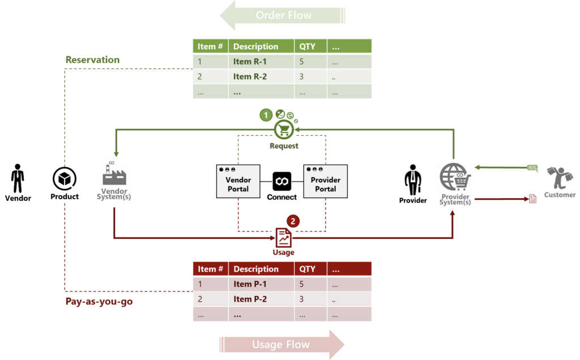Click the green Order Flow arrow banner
tap(283, 15)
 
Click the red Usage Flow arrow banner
tap(282, 344)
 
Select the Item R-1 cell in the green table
tap(250, 62)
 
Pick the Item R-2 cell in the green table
tap(250, 76)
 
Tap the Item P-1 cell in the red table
tap(250, 284)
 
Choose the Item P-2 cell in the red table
tap(250, 299)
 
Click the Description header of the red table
tap(256, 269)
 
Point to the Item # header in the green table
tap(210, 46)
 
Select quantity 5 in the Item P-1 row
tap(302, 284)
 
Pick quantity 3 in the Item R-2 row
tap(302, 76)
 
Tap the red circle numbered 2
tap(292, 220)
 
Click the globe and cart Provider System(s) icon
tap(454, 177)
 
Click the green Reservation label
tap(92, 59)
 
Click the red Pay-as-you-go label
tap(99, 302)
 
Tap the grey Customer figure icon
tap(560, 177)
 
